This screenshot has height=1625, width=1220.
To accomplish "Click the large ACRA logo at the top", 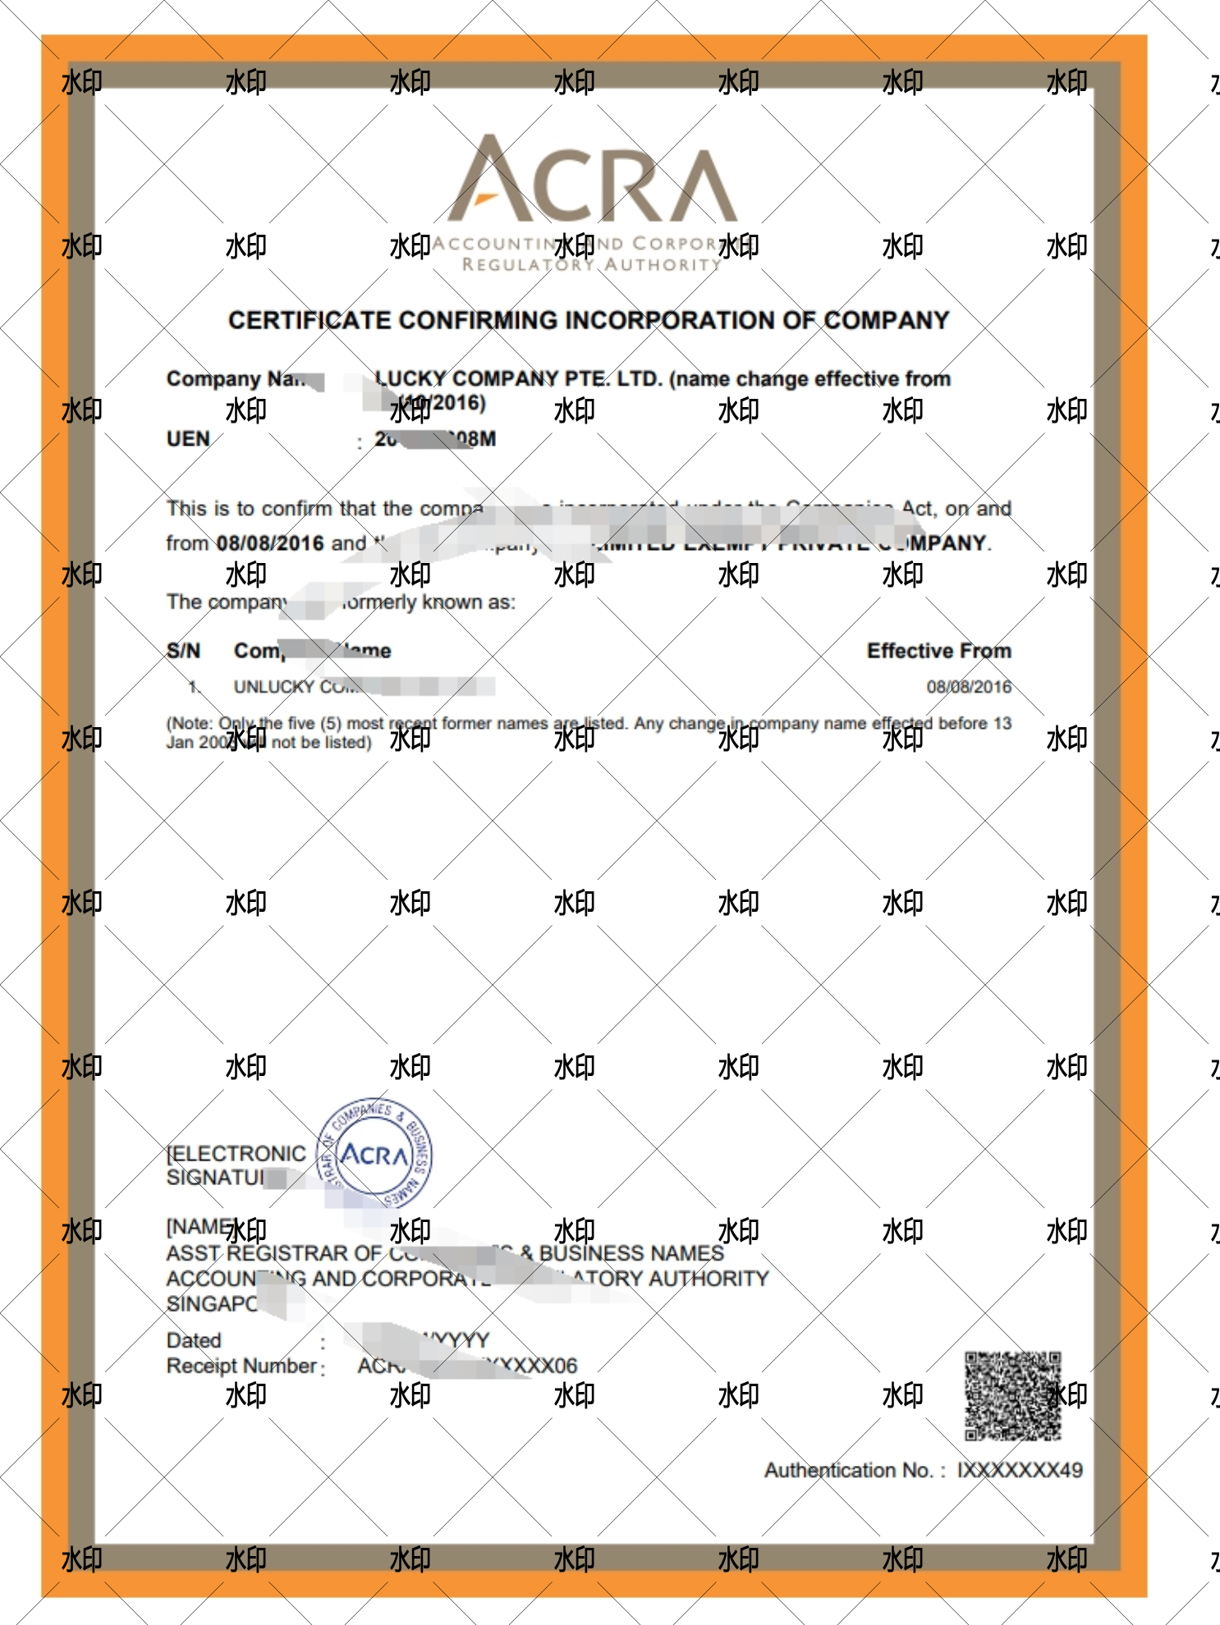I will click(x=592, y=181).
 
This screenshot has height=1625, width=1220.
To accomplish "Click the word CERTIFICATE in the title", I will click(x=310, y=320).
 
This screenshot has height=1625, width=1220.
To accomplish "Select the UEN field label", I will click(x=188, y=439).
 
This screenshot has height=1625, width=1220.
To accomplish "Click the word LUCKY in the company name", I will click(x=410, y=379).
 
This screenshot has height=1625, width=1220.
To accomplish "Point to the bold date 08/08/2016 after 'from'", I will click(x=269, y=543).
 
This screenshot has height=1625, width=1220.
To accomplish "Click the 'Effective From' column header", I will click(x=938, y=651).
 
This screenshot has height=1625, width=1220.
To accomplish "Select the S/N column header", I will click(x=183, y=651).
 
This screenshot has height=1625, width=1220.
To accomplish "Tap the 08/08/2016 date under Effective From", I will click(x=969, y=687).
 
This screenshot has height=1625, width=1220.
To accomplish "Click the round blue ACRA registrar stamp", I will click(x=375, y=1154).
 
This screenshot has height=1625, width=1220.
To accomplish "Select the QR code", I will click(x=1013, y=1396).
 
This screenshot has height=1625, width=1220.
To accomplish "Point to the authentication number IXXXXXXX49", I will click(x=1020, y=1470).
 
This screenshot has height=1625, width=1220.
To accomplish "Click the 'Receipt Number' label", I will click(x=241, y=1366).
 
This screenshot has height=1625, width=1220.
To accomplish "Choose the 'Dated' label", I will click(x=194, y=1340).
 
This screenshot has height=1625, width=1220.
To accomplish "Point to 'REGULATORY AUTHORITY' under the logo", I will click(x=591, y=265).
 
